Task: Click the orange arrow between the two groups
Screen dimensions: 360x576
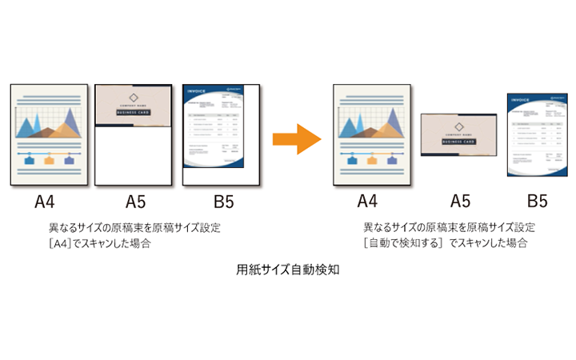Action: coord(296,139)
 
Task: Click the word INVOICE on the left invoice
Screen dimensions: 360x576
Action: coord(198,91)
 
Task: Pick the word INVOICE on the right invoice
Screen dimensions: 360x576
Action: coord(521,101)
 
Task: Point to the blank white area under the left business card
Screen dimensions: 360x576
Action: coord(133,156)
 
